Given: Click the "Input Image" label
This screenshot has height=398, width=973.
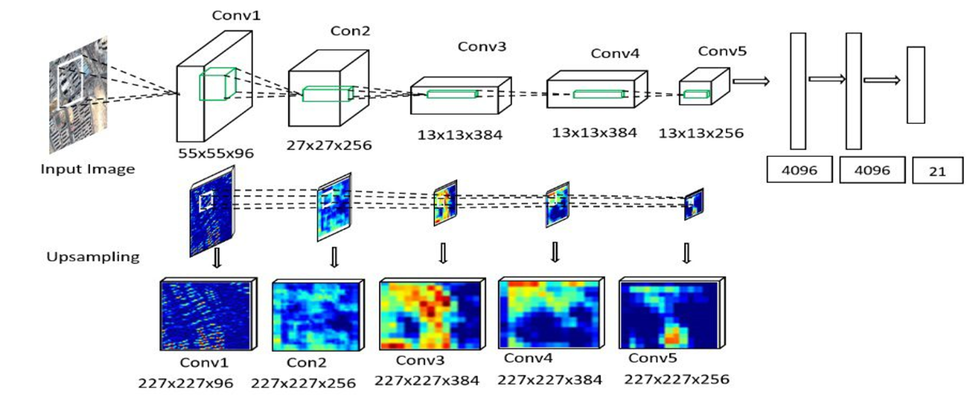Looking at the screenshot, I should pos(87,169).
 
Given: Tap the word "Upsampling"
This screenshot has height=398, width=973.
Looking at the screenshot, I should pos(93,256).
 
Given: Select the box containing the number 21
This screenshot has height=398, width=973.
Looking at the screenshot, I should pos(937,171).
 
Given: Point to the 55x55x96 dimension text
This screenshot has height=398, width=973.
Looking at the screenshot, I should pos(216,153).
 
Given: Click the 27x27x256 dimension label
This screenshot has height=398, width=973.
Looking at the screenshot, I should pos(329,145).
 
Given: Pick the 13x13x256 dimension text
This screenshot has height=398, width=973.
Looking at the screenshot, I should pos(701,133).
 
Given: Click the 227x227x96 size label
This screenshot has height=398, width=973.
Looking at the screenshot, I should pos(185,383).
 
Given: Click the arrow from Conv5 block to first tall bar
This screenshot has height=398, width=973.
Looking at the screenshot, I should pos(750,81).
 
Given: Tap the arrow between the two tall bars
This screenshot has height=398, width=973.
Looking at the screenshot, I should pos(826,79).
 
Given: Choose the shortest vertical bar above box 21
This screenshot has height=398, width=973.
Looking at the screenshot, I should pos(916,85).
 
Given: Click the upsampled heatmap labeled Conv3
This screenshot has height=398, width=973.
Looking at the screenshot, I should pos(432,314).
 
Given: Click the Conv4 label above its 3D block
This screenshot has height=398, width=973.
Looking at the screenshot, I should pos(615,53).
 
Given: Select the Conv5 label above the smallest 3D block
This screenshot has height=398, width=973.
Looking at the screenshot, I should pos(722,51).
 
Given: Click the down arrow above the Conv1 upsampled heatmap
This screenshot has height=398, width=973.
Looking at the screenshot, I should pos(216,257).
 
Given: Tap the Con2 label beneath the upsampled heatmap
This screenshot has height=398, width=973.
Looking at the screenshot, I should pos(306,362).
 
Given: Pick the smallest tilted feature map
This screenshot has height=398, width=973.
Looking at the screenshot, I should pos(694,204).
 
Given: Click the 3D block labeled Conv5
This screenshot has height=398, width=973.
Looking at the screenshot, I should pos(703,87).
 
